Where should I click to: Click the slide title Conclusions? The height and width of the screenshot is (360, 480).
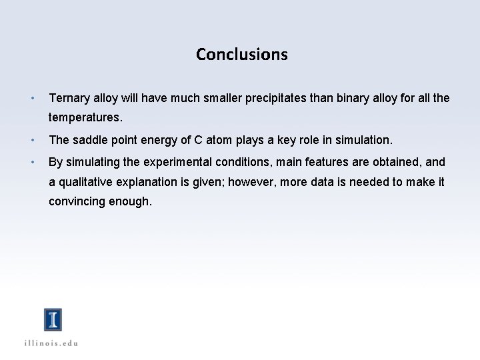(x=241, y=54)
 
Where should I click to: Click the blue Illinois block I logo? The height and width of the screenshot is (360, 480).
(x=53, y=320)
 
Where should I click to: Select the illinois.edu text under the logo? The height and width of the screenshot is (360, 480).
(x=53, y=343)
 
